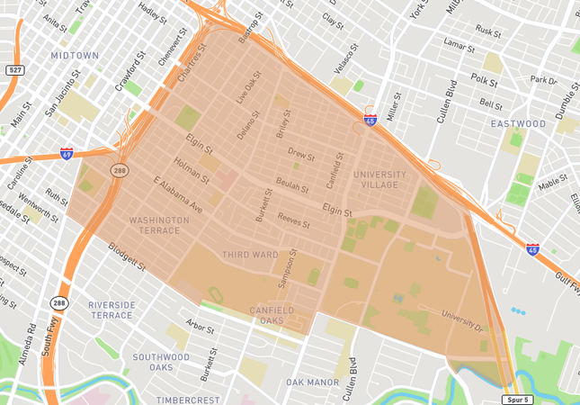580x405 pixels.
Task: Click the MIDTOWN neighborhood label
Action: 75,55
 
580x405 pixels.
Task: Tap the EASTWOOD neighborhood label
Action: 518,123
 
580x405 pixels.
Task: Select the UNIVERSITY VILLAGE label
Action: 379,179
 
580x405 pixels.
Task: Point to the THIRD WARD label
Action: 250,255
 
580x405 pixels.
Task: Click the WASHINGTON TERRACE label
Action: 158,225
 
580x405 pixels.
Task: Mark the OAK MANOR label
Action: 313,382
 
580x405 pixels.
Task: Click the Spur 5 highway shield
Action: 515,398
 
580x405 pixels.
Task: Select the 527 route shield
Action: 14,69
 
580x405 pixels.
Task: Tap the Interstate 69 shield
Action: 67,154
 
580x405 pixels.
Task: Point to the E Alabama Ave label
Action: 178,196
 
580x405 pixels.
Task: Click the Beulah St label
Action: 292,184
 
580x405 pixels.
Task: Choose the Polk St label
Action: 484,79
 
